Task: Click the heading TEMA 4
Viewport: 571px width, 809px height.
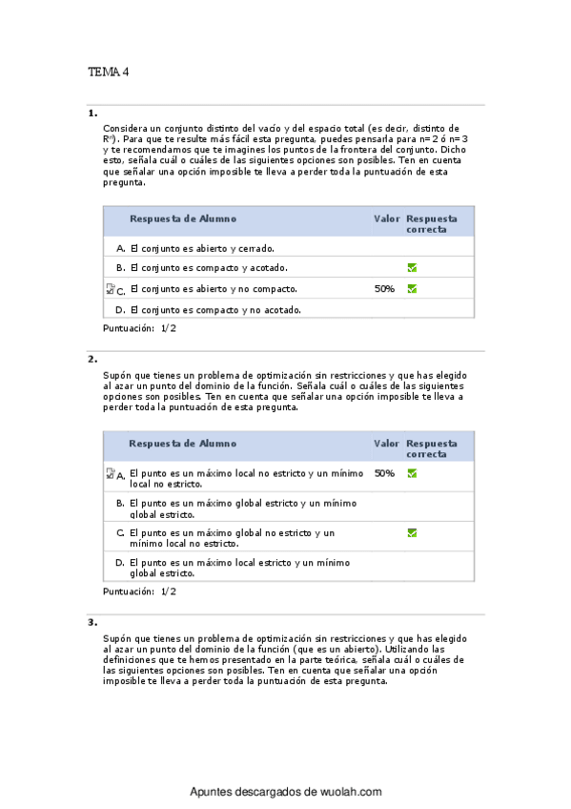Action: point(109,72)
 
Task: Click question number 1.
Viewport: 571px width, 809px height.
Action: point(92,113)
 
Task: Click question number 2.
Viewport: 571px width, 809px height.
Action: point(92,360)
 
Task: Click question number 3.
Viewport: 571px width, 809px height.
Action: point(92,622)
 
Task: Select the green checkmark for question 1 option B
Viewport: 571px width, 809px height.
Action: point(412,268)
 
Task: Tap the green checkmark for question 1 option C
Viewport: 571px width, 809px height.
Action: point(412,288)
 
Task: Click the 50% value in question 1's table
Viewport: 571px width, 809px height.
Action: point(385,288)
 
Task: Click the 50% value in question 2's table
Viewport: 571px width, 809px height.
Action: point(384,472)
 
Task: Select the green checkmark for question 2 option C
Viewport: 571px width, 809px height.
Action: point(412,532)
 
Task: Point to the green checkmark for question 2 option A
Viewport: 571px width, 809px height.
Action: point(412,472)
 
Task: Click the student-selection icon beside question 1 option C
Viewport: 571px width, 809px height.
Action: point(110,289)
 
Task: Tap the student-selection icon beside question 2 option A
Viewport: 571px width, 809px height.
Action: point(110,473)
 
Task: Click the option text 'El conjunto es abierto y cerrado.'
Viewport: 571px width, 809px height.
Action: point(194,248)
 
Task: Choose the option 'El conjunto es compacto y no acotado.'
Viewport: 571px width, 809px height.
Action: point(215,309)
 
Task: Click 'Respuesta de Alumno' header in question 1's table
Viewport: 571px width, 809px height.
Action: point(183,218)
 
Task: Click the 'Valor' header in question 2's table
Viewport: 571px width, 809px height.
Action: point(386,444)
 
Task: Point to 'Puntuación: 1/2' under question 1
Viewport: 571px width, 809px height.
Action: point(139,328)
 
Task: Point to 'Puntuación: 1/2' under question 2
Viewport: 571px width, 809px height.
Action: point(139,591)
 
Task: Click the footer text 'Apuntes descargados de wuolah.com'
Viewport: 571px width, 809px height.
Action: point(286,792)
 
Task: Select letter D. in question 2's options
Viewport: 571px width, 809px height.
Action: point(121,563)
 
